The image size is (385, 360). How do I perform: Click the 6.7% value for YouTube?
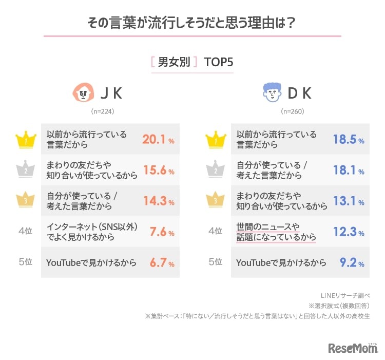coord(161,262)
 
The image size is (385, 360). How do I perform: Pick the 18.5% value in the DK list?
coord(348,139)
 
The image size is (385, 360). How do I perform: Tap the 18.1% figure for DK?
coord(348,170)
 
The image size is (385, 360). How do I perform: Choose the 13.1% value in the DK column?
coord(348,201)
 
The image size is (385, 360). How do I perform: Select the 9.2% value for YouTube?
coord(351,262)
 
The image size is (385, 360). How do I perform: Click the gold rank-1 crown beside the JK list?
coord(25,139)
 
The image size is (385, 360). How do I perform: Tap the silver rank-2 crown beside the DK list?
coord(215,170)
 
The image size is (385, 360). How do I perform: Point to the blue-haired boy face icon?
coord(272,93)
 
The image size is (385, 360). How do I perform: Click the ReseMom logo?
coord(352,348)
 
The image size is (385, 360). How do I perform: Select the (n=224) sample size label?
coord(103,111)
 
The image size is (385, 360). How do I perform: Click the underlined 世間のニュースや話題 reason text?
coord(276,232)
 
